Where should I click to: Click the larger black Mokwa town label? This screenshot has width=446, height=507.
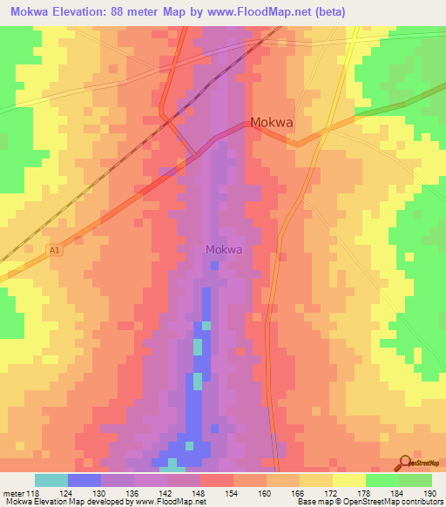[271, 123]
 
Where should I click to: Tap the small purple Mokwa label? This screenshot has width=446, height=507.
[224, 249]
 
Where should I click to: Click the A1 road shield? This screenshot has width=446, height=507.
[55, 250]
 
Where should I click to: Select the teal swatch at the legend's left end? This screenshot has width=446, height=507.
[51, 480]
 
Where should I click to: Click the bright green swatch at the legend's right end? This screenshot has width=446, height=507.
[415, 480]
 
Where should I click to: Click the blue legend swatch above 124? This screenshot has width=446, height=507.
[84, 480]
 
